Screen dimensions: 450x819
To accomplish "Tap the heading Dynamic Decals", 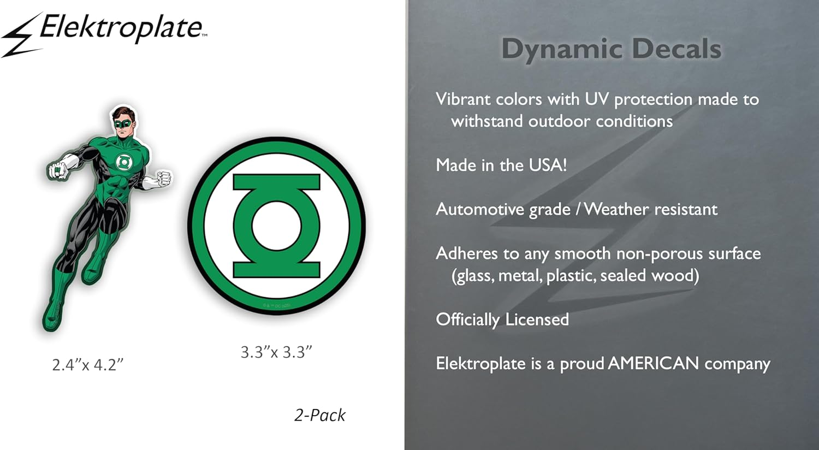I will (x=611, y=49).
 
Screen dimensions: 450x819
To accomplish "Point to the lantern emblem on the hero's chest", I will (x=123, y=162).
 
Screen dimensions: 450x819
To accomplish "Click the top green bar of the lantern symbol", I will (x=276, y=182).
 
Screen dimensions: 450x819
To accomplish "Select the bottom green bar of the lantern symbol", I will (x=276, y=270).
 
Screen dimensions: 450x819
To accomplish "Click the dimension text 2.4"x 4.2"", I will (x=88, y=364).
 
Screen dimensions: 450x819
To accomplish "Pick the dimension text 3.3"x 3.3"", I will (x=276, y=352).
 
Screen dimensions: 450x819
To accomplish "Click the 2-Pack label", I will (x=319, y=415).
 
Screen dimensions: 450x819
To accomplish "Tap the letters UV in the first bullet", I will (x=596, y=99).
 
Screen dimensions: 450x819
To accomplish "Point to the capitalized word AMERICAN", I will (x=653, y=363).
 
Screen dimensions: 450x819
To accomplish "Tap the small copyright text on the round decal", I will (x=276, y=306).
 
